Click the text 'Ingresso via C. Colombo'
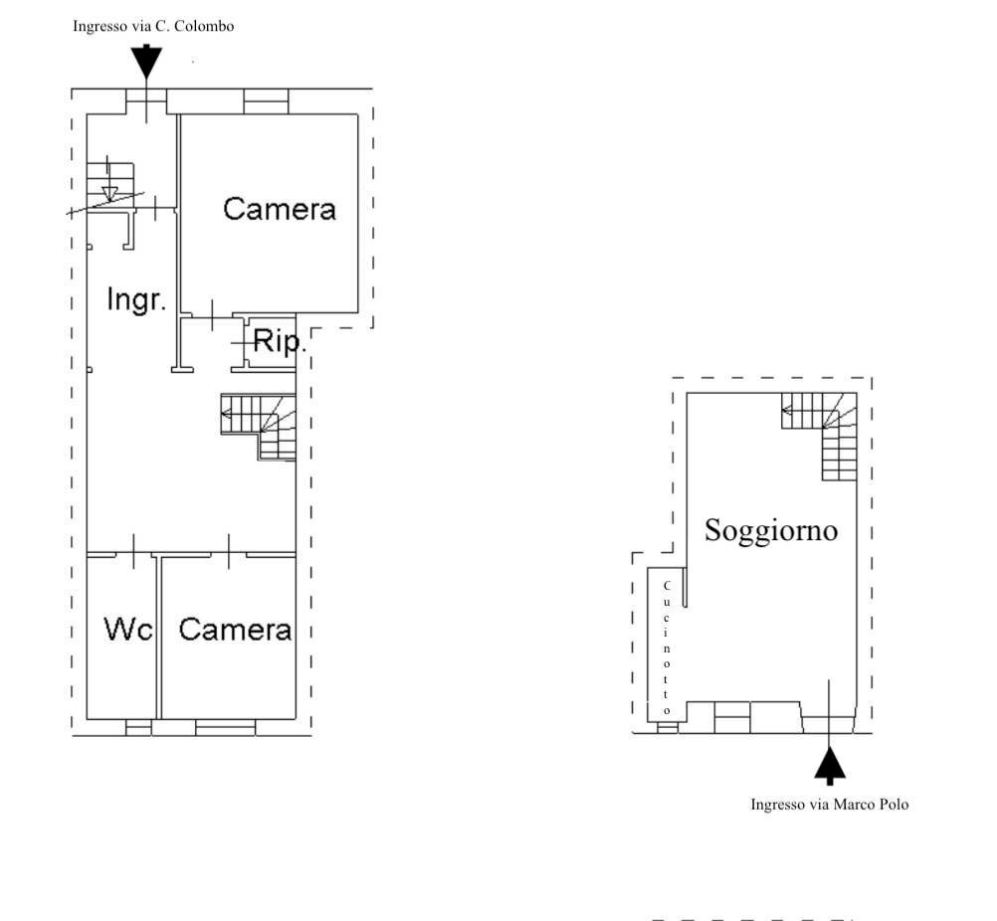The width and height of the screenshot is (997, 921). (153, 27)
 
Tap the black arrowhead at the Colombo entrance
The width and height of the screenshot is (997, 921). (146, 63)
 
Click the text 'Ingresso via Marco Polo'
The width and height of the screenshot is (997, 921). (829, 804)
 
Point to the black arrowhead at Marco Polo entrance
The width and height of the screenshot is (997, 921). (830, 765)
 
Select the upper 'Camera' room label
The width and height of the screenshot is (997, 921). (280, 209)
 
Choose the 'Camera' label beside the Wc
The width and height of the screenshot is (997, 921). (235, 629)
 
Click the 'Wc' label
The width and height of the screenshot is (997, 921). (128, 629)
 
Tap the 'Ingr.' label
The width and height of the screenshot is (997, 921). (135, 298)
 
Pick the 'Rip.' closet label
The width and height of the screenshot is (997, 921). (278, 341)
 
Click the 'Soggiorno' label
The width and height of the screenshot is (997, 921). (771, 530)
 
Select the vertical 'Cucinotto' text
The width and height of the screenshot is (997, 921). (667, 647)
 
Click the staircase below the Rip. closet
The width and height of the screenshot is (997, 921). (259, 427)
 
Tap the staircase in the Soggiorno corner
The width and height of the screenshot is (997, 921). (821, 434)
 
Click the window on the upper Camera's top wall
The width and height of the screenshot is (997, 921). (266, 100)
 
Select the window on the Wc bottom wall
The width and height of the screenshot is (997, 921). (138, 728)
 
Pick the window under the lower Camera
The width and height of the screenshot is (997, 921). (225, 728)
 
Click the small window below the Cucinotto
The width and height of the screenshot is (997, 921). (667, 727)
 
